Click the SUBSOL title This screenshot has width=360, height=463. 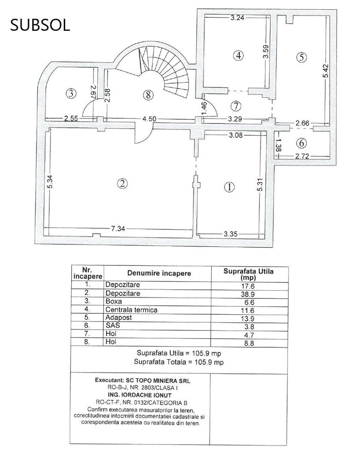click(x=40, y=26)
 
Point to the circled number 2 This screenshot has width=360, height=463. click(x=122, y=183)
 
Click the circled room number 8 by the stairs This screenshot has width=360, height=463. click(x=148, y=95)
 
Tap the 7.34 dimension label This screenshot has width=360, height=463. click(x=118, y=229)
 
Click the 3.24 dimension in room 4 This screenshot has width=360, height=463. click(x=237, y=18)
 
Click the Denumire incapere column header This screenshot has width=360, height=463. click(x=159, y=273)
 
